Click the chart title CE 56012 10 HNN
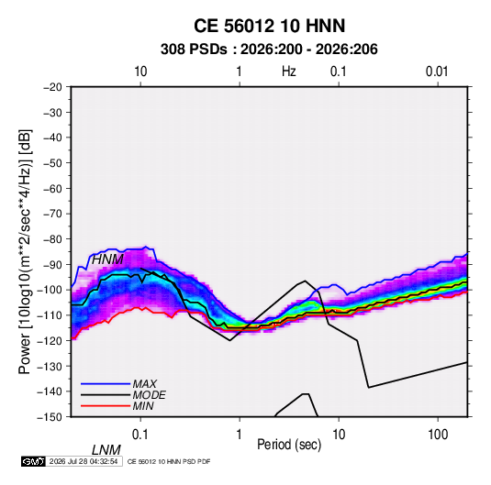269,26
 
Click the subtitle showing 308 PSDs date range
269,50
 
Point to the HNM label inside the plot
107,259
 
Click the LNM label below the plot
106,450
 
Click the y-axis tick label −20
52,87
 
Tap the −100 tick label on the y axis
50,290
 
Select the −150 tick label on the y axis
50,417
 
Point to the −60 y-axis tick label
52,188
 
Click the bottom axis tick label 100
438,435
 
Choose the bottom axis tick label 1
240,435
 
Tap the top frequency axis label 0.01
437,72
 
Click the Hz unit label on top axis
289,72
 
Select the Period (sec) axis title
289,445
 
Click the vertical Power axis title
25,251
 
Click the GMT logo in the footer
34,461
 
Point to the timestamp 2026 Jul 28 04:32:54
84,461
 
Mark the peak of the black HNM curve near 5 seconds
305,281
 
